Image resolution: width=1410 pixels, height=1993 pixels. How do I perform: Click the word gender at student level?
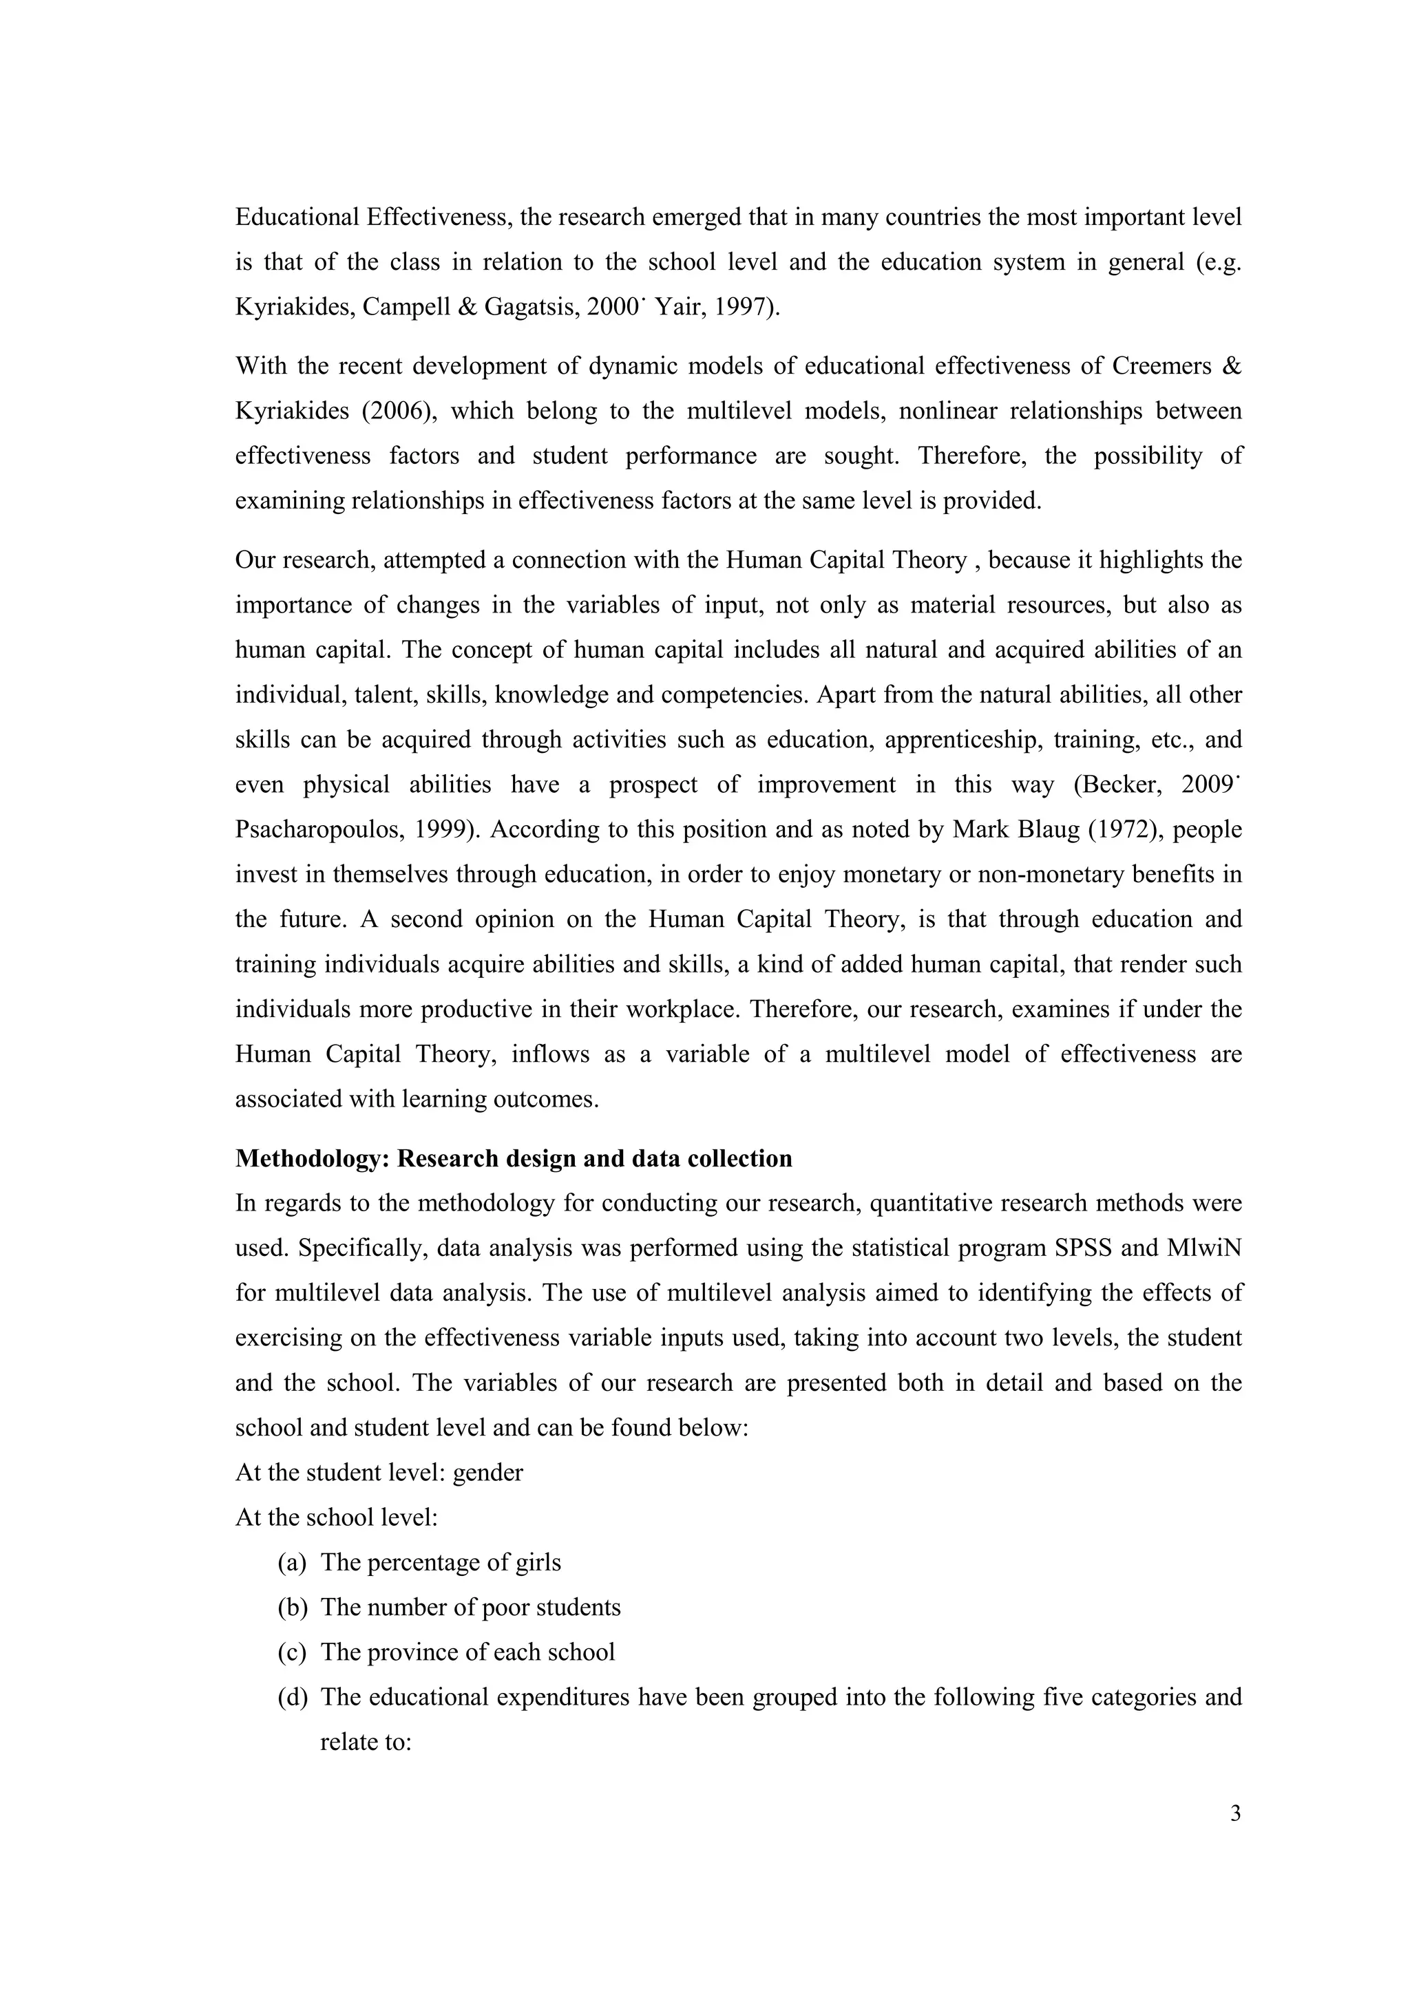488,1473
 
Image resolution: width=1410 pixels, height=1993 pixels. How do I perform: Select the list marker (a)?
293,1562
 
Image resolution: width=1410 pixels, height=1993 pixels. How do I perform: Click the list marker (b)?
293,1608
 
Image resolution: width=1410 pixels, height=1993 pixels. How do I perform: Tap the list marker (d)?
293,1697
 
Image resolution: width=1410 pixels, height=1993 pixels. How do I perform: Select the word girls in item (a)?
538,1562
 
